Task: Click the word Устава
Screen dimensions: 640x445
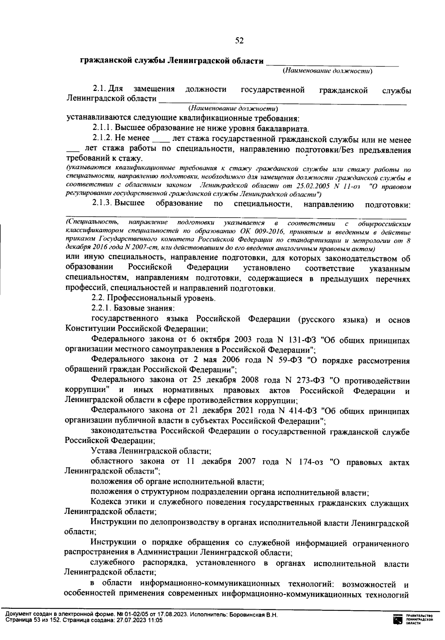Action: [103, 451]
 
